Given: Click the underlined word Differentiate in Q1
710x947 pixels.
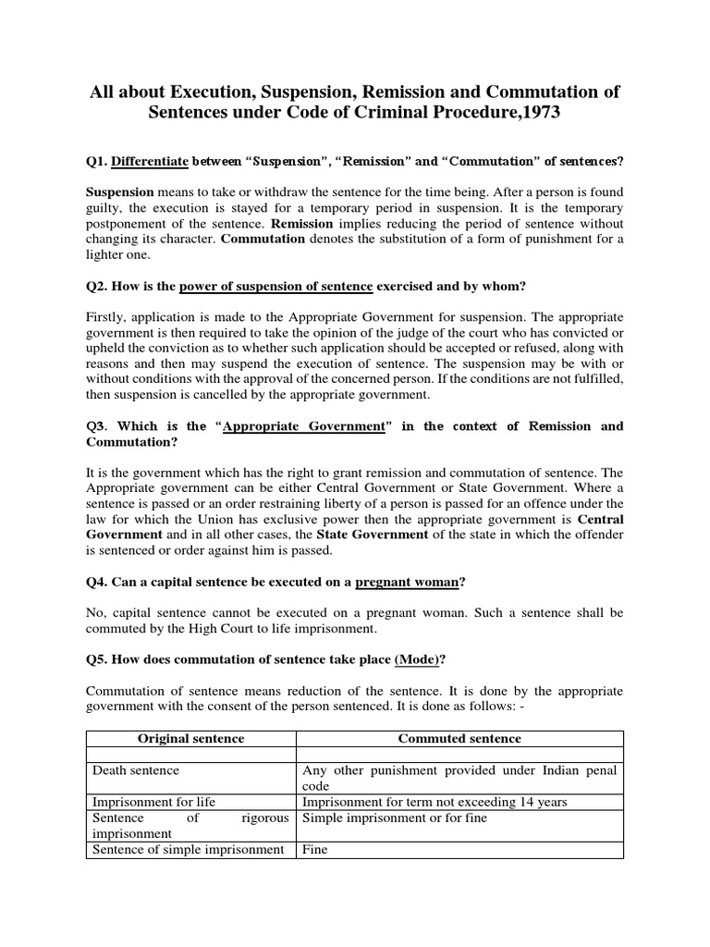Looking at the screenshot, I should click(149, 162).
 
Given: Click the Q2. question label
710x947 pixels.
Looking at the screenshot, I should click(98, 285).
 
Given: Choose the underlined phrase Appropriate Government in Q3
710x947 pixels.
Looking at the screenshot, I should click(304, 426).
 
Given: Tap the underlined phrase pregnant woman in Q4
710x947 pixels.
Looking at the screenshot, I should click(414, 582).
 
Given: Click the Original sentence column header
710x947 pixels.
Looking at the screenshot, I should click(190, 739).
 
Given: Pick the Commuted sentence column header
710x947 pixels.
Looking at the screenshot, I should click(459, 739).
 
